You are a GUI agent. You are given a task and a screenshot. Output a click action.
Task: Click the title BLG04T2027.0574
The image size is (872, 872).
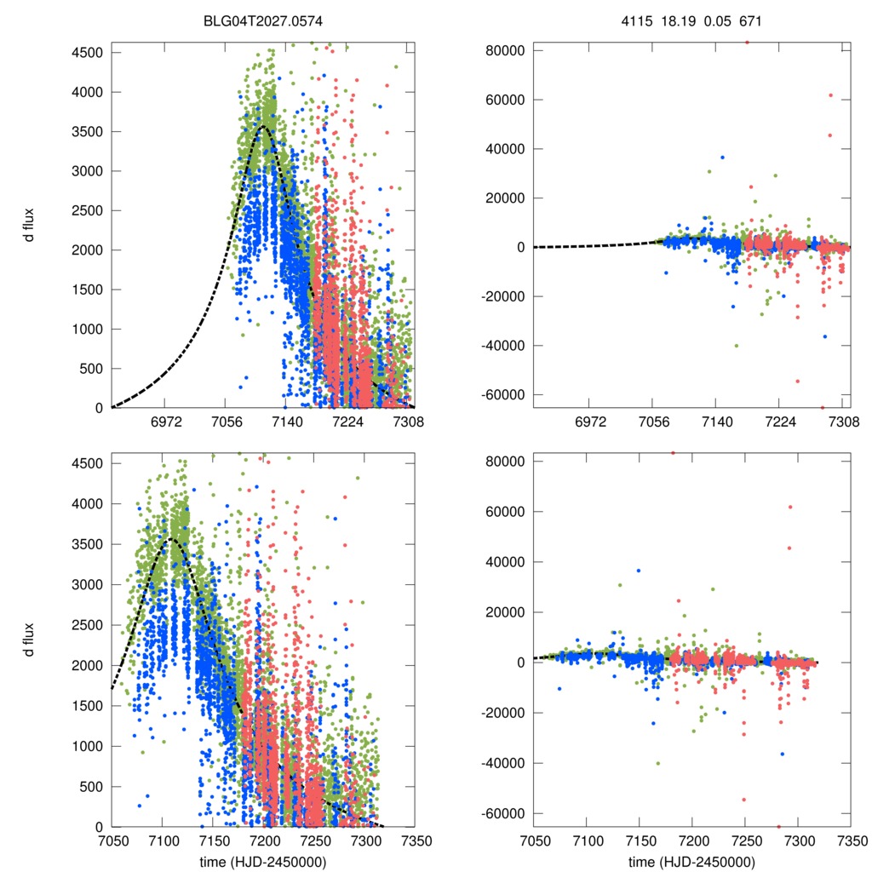point(262,17)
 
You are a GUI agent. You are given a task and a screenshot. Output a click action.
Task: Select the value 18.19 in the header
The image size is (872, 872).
point(676,17)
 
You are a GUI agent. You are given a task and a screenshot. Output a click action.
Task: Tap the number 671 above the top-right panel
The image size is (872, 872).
point(749,17)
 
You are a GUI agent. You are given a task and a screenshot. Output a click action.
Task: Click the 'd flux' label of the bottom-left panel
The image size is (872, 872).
point(31,640)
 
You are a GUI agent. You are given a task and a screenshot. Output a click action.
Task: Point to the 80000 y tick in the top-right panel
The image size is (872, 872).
point(502,50)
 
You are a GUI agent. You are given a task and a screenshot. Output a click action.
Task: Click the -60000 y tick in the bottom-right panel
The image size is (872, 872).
point(501,813)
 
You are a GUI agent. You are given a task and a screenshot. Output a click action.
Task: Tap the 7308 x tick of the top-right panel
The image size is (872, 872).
point(843,422)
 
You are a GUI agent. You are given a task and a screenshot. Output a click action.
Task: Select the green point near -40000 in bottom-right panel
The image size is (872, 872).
point(657,763)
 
